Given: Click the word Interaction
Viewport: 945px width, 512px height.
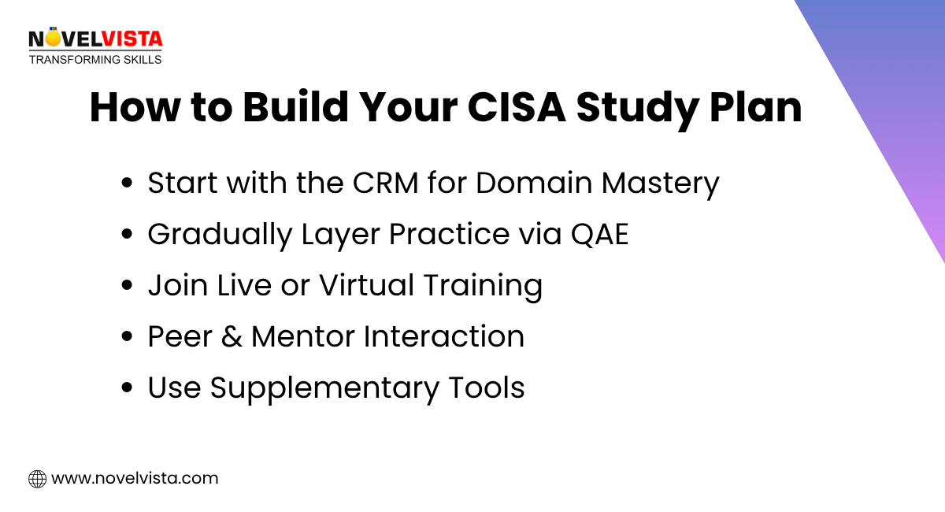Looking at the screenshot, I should [x=444, y=337].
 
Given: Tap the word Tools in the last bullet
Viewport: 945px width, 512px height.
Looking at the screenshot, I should [x=487, y=388].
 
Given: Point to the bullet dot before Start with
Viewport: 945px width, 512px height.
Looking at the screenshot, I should [x=128, y=184].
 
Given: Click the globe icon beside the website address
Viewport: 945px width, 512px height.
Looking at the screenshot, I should [x=37, y=478].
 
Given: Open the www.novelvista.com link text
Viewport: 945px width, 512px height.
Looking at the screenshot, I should [x=135, y=478].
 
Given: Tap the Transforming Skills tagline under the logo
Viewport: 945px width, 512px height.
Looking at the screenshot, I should [x=95, y=59].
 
